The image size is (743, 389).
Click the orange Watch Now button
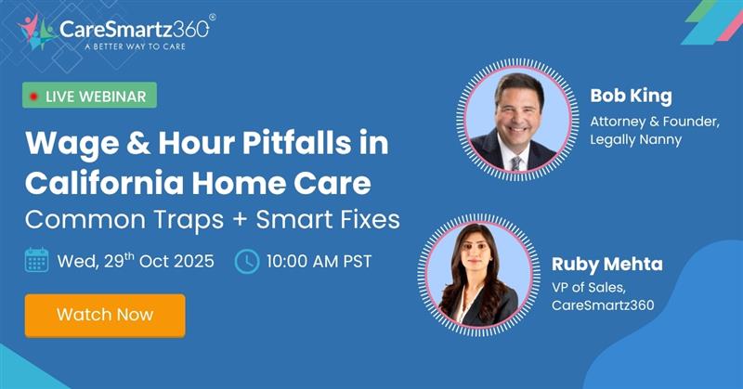click(x=105, y=315)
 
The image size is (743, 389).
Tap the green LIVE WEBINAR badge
click(x=90, y=96)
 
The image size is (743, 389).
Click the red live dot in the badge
click(x=34, y=96)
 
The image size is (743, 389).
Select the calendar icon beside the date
click(x=36, y=261)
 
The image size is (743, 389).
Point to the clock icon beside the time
click(x=246, y=261)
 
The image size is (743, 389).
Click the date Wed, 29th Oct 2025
click(x=135, y=261)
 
